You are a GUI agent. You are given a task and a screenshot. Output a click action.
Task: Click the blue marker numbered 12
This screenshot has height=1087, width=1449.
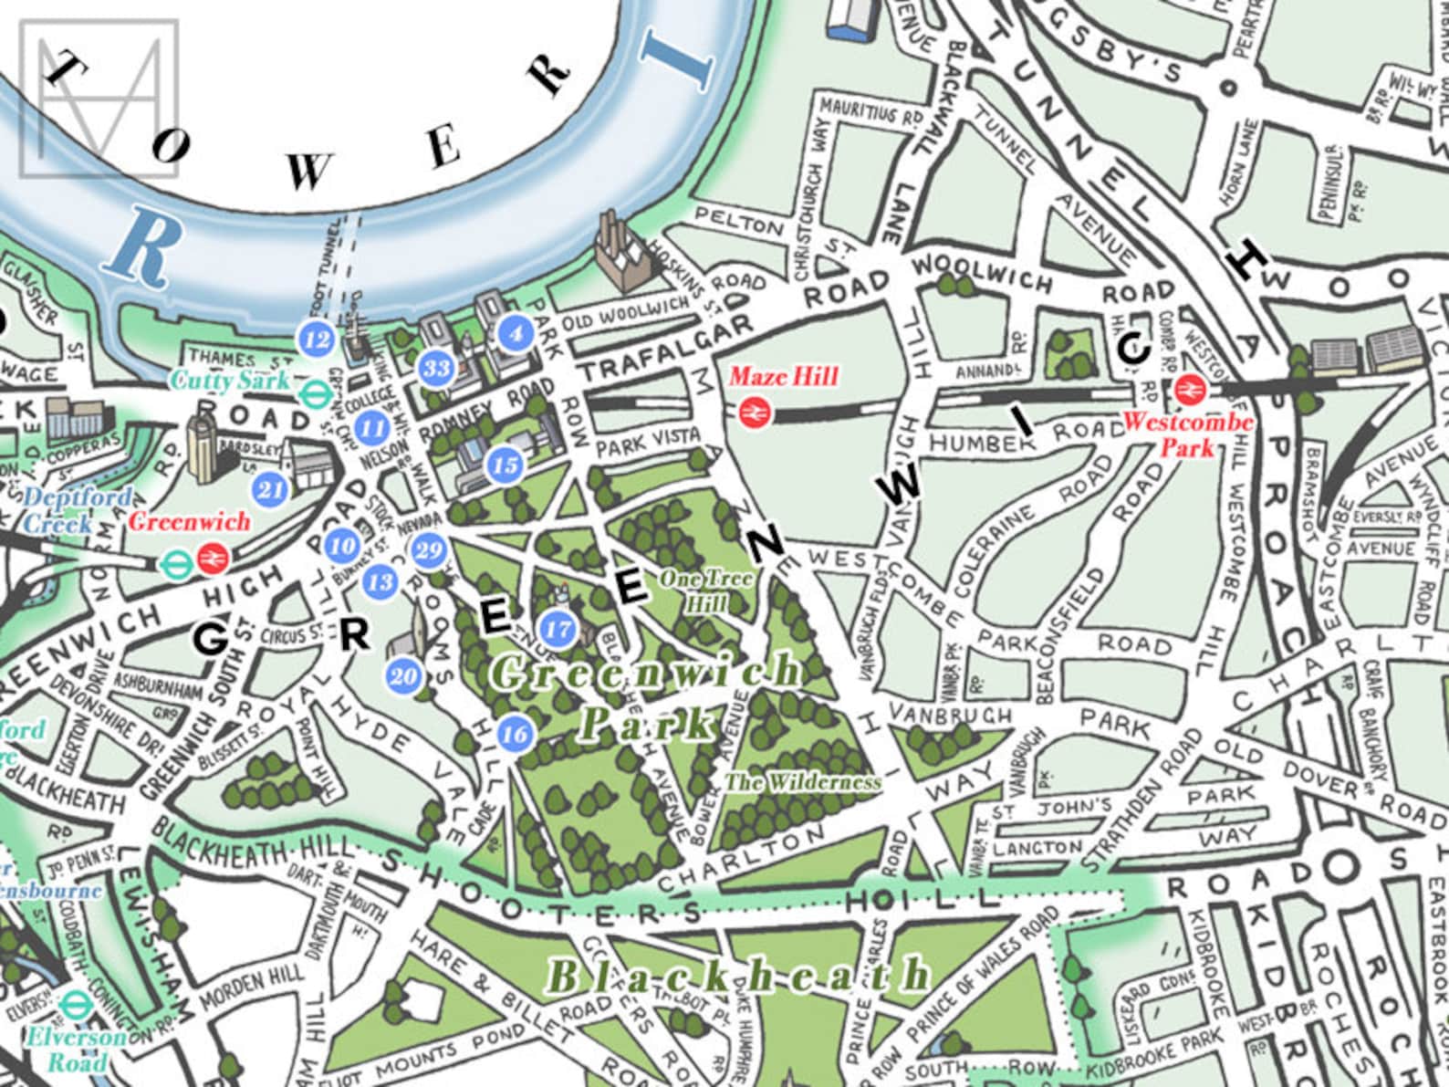coord(318,340)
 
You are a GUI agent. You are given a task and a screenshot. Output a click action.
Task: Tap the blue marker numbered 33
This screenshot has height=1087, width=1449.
coord(437,369)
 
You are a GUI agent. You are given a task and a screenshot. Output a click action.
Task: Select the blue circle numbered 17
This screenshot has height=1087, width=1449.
coord(558,628)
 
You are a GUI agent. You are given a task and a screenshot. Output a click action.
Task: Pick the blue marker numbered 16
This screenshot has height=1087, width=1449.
coord(515,734)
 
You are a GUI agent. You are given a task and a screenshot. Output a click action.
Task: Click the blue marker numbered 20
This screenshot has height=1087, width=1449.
coord(403,676)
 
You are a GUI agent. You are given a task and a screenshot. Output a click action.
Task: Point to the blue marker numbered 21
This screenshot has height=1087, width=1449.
coord(271,489)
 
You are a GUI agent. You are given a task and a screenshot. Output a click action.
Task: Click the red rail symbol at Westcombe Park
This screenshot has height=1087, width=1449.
coord(1189,391)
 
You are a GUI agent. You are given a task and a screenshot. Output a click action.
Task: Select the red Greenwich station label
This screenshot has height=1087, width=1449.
coord(189,522)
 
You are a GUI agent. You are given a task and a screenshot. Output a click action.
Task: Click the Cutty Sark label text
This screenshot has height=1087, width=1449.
coord(230,380)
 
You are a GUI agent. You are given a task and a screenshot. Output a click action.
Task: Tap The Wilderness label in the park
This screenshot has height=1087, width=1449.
coord(803,782)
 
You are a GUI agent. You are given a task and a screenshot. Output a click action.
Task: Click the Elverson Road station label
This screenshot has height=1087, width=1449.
coord(64,1050)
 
